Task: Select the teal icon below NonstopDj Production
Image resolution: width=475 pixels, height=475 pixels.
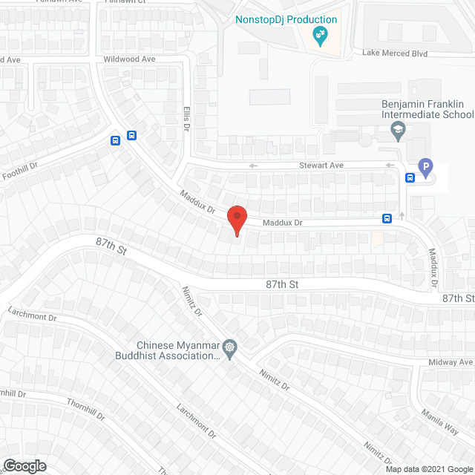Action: pos(321,35)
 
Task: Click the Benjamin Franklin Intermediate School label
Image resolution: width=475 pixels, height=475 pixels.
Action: pos(427,110)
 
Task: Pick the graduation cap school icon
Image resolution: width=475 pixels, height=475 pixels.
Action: pos(398,131)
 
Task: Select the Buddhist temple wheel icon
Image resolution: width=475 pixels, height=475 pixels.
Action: pos(230,347)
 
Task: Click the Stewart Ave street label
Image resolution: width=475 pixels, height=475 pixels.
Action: pos(321,166)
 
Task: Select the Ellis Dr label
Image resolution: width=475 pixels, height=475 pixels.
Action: pos(186,118)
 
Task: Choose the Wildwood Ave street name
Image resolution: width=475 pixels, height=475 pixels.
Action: pos(129,59)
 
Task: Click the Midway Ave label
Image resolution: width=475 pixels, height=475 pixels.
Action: pos(450,362)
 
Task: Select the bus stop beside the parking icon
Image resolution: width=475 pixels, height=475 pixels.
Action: pos(410,177)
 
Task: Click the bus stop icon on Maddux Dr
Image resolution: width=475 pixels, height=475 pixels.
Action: pos(387,218)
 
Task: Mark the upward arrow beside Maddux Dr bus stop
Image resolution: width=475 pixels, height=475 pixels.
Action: pos(402,215)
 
